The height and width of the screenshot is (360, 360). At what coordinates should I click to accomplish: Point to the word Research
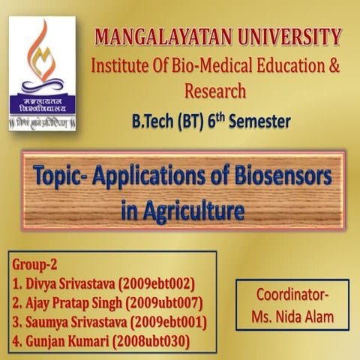(x=214, y=91)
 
